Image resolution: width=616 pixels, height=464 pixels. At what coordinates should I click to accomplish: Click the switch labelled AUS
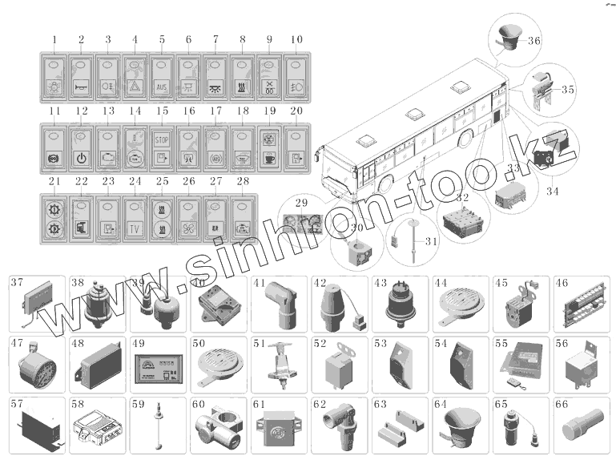point(162,76)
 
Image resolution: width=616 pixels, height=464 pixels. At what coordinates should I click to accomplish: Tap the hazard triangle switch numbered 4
point(135,76)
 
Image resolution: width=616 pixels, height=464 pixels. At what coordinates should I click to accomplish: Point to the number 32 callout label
point(463,197)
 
